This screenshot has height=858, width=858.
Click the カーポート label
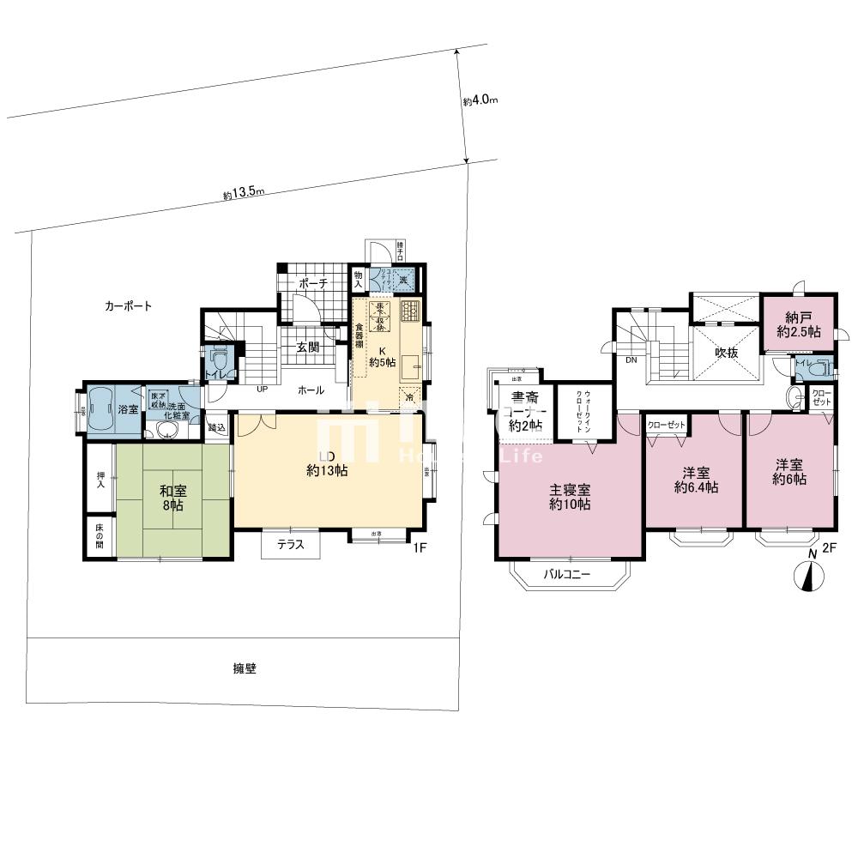coord(129,305)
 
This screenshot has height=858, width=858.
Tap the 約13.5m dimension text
coord(244,193)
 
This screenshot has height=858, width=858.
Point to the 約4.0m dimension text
coord(480,100)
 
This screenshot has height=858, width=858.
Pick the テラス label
coord(291,544)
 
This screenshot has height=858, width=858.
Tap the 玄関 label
coord(309,347)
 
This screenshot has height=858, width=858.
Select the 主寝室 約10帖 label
coord(569,498)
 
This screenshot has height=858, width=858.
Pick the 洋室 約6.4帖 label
coord(694,480)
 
